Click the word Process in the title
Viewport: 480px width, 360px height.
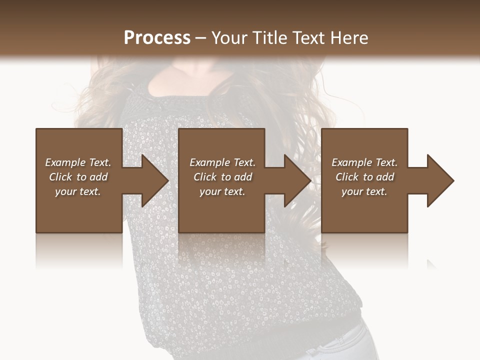coord(157,38)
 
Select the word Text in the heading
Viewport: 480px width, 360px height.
coord(309,38)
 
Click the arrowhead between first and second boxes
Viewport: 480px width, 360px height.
coord(153,180)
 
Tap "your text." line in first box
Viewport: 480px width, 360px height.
coord(78,191)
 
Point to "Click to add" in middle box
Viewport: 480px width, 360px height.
coord(222,177)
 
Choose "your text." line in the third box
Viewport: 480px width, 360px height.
coord(364,191)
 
